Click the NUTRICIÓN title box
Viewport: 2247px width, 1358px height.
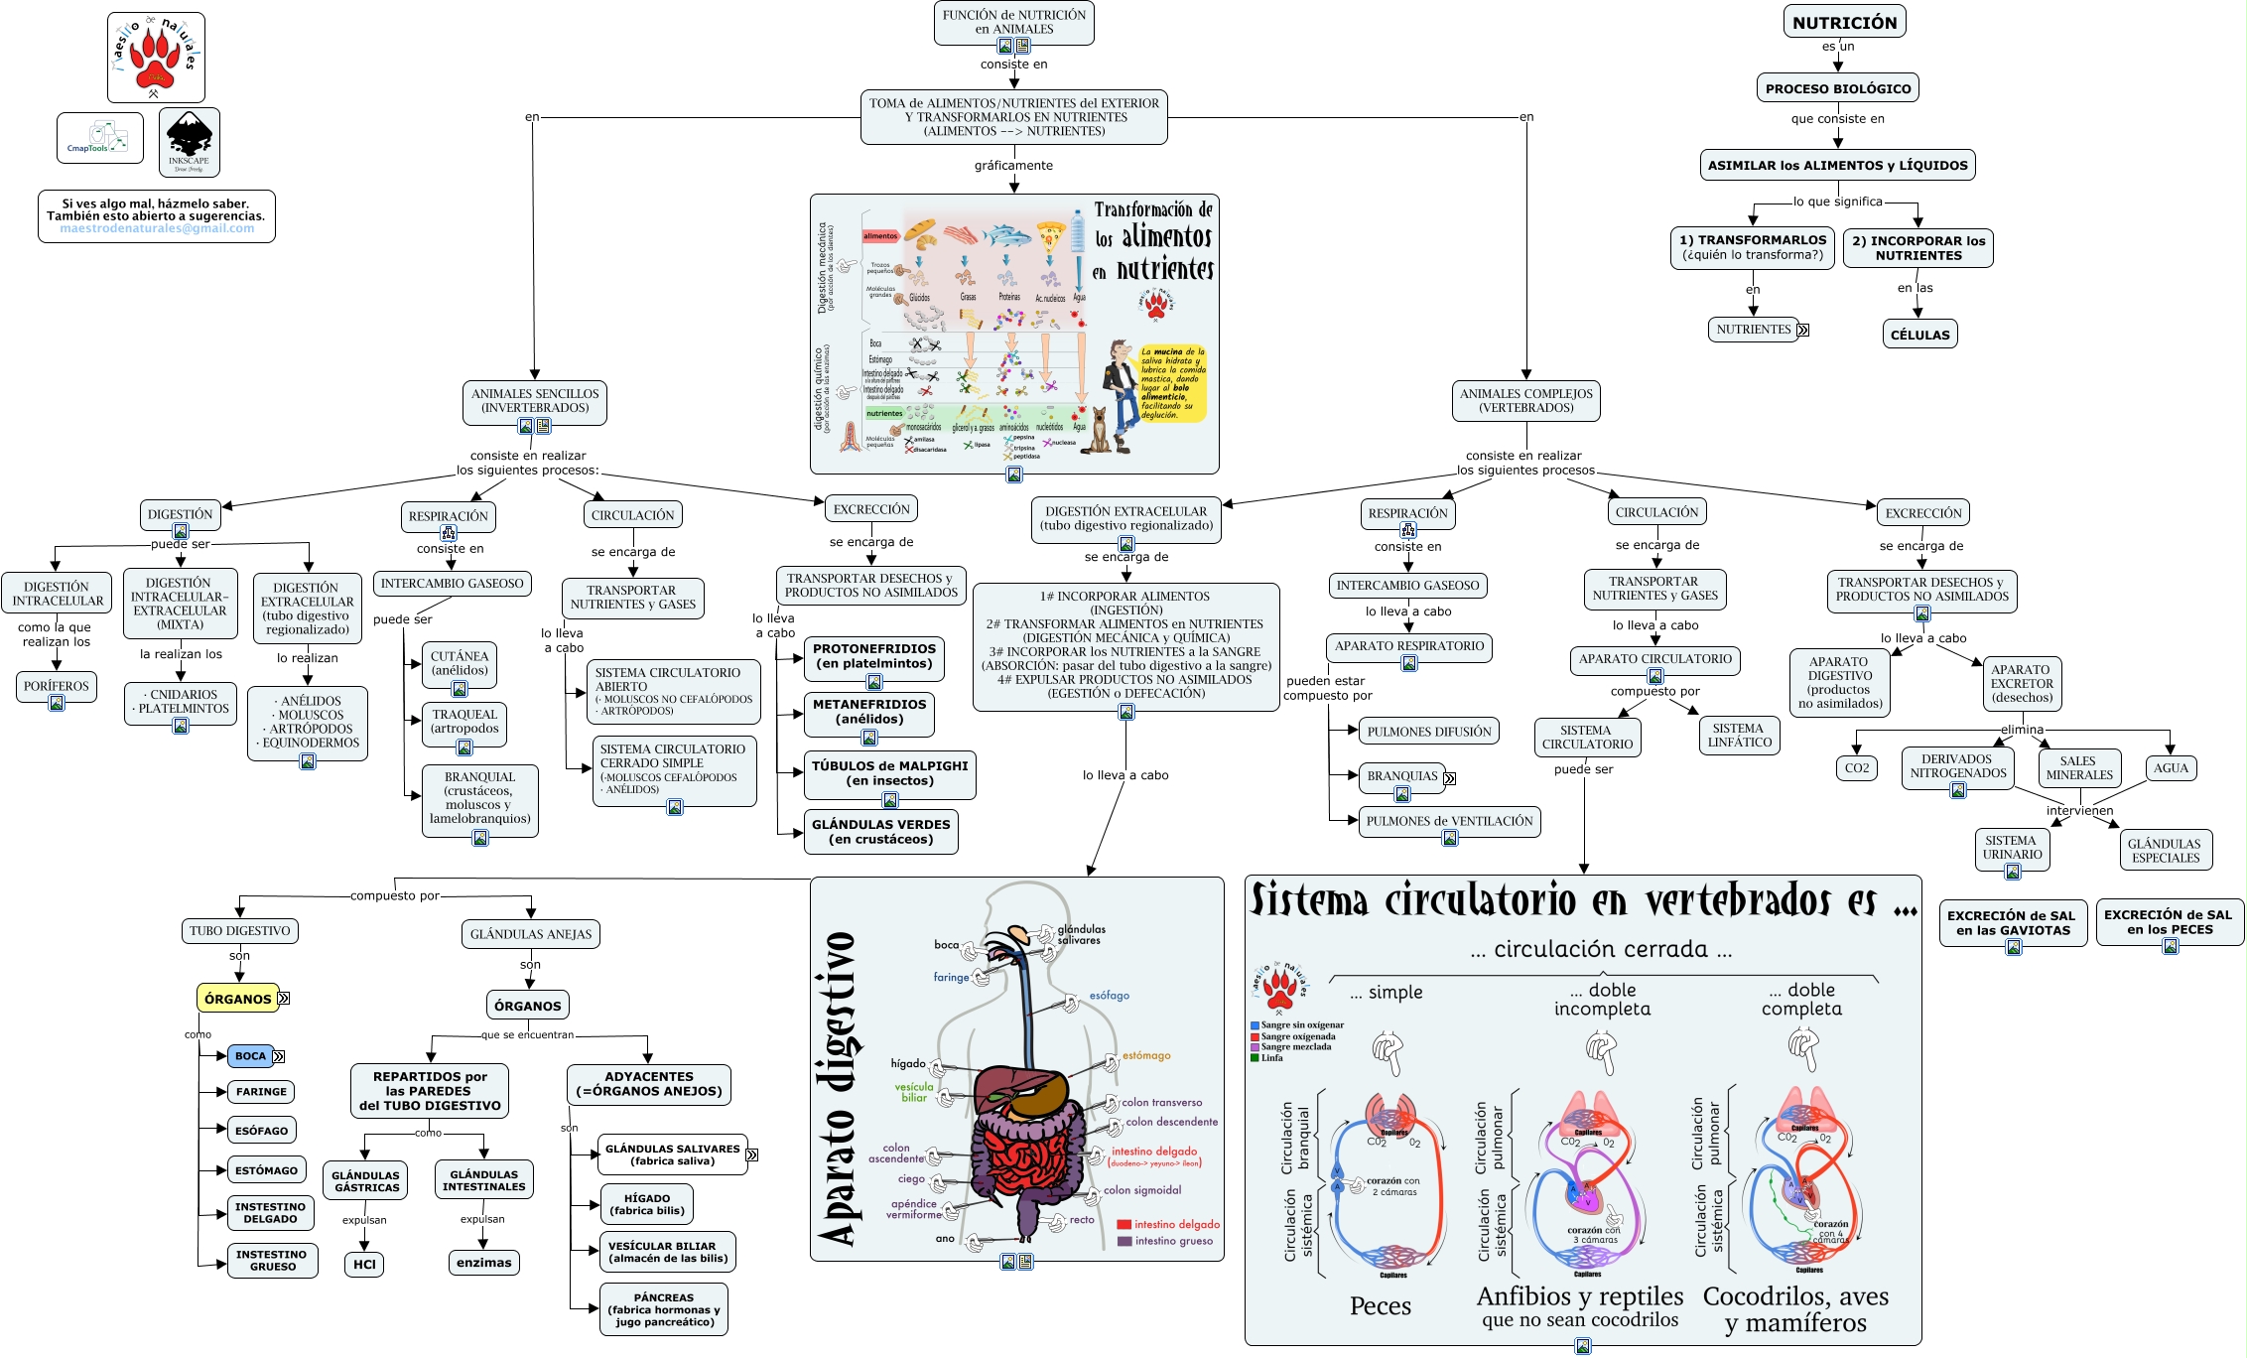tap(1844, 22)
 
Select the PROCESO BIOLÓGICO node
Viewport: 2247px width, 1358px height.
tap(1837, 88)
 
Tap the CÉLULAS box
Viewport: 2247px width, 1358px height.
tap(1919, 335)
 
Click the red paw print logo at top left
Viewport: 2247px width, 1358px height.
tap(156, 57)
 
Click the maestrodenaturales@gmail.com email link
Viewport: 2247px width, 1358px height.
tap(157, 228)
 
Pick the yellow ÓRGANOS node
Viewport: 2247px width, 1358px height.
tap(238, 999)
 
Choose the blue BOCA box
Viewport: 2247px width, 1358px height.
tap(250, 1056)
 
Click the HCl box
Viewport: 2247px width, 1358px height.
tap(364, 1264)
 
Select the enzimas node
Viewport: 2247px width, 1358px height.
tap(483, 1263)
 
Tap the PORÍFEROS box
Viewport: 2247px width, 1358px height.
tap(57, 686)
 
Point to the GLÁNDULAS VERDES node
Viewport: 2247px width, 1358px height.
tap(880, 832)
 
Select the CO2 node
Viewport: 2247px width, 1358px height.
tap(1856, 768)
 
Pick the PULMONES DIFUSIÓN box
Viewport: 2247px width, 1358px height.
tap(1428, 732)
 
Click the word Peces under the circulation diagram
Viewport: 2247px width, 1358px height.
tap(1380, 1306)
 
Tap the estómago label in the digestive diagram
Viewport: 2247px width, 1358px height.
tap(1146, 1056)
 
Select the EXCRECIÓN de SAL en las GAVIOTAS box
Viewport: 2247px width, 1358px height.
tap(2013, 923)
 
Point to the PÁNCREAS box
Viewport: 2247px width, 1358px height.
tap(664, 1309)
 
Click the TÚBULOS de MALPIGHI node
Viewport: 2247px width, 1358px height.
tap(889, 773)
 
